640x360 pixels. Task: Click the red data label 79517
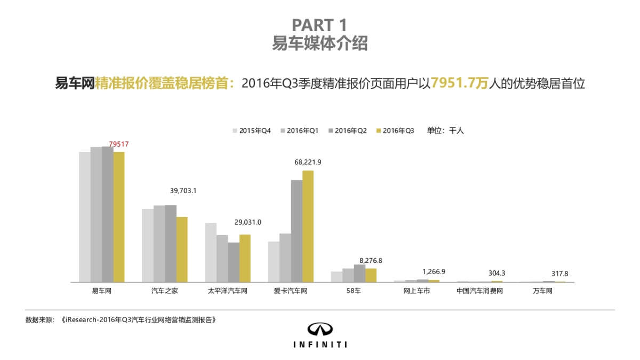119,144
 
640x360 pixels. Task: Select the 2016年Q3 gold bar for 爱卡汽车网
308,226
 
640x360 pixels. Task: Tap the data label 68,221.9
308,162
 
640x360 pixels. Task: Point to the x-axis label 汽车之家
165,291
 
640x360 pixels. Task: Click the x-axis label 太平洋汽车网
228,291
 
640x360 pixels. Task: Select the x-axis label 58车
354,291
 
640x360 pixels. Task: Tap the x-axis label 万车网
542,291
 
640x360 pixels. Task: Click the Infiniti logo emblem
320,330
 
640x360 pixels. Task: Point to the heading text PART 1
320,25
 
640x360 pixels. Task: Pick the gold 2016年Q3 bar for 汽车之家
182,250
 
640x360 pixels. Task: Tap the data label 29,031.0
248,222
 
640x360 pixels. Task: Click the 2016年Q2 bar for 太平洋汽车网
234,262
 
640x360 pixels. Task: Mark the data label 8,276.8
371,261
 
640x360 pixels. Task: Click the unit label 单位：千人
445,130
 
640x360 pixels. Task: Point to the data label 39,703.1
183,190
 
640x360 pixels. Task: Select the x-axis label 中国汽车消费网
479,291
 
